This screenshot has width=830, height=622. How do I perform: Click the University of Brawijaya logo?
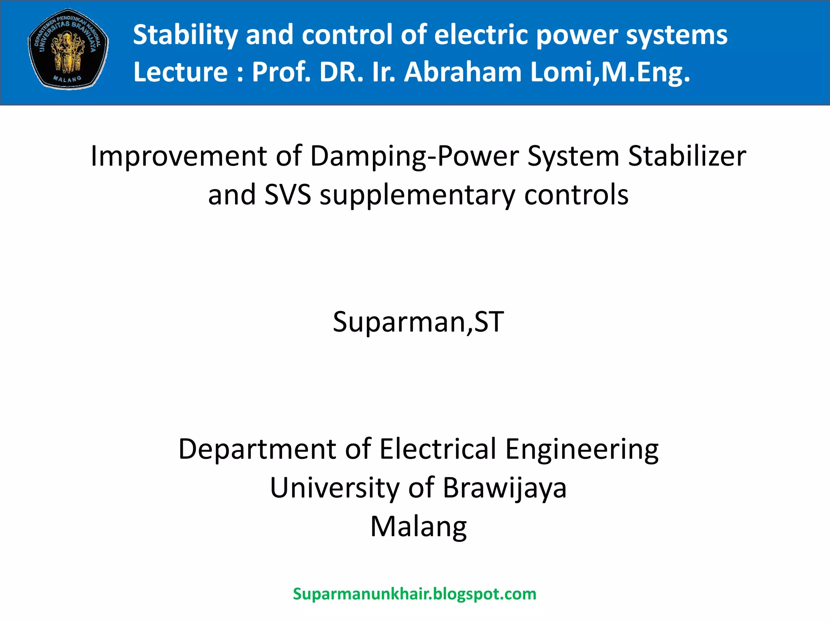pos(68,49)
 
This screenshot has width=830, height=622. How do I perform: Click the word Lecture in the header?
pos(180,72)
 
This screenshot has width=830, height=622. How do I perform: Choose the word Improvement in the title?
pos(179,156)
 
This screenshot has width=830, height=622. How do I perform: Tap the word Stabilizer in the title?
pos(687,156)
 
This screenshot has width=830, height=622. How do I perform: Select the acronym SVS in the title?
pos(288,195)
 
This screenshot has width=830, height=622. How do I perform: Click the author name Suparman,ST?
pos(418,322)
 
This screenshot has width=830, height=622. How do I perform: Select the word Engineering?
pos(582,449)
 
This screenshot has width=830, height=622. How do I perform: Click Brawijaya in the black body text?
pos(505,488)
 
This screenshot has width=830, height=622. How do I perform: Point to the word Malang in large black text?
pos(418,526)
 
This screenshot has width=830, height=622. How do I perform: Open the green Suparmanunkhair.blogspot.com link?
pos(415,594)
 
